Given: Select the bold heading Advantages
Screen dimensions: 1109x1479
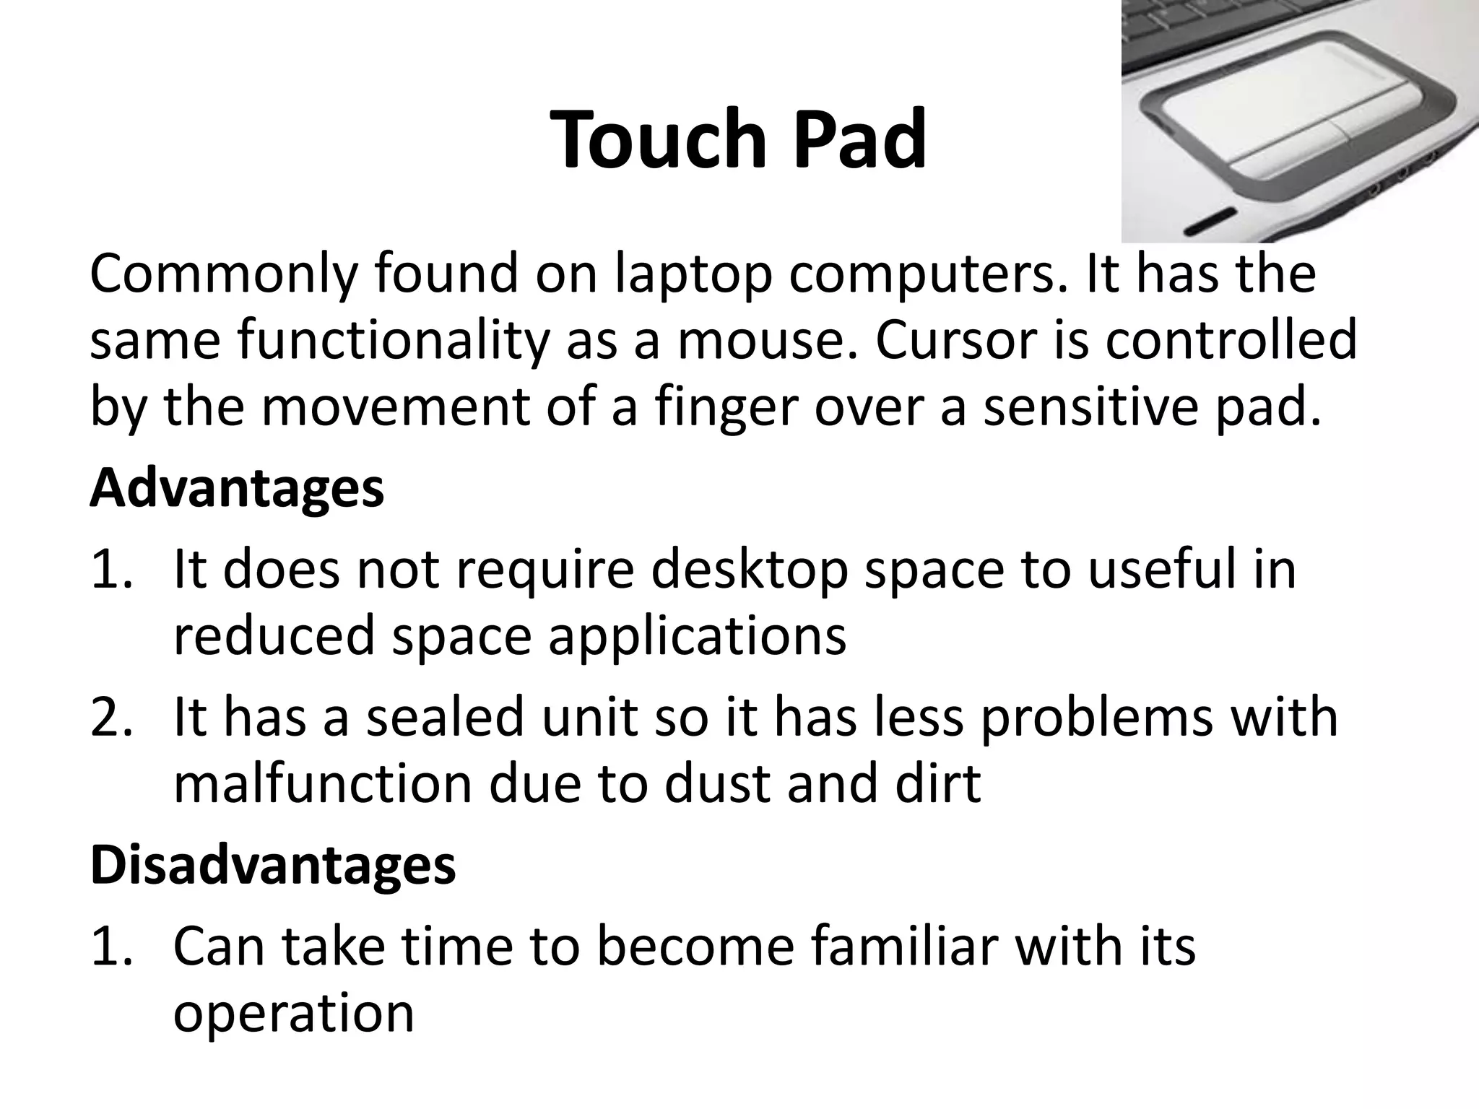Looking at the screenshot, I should [237, 489].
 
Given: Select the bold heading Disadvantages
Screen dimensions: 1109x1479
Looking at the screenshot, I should [273, 864].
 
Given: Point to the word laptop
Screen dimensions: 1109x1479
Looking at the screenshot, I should [693, 274].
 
